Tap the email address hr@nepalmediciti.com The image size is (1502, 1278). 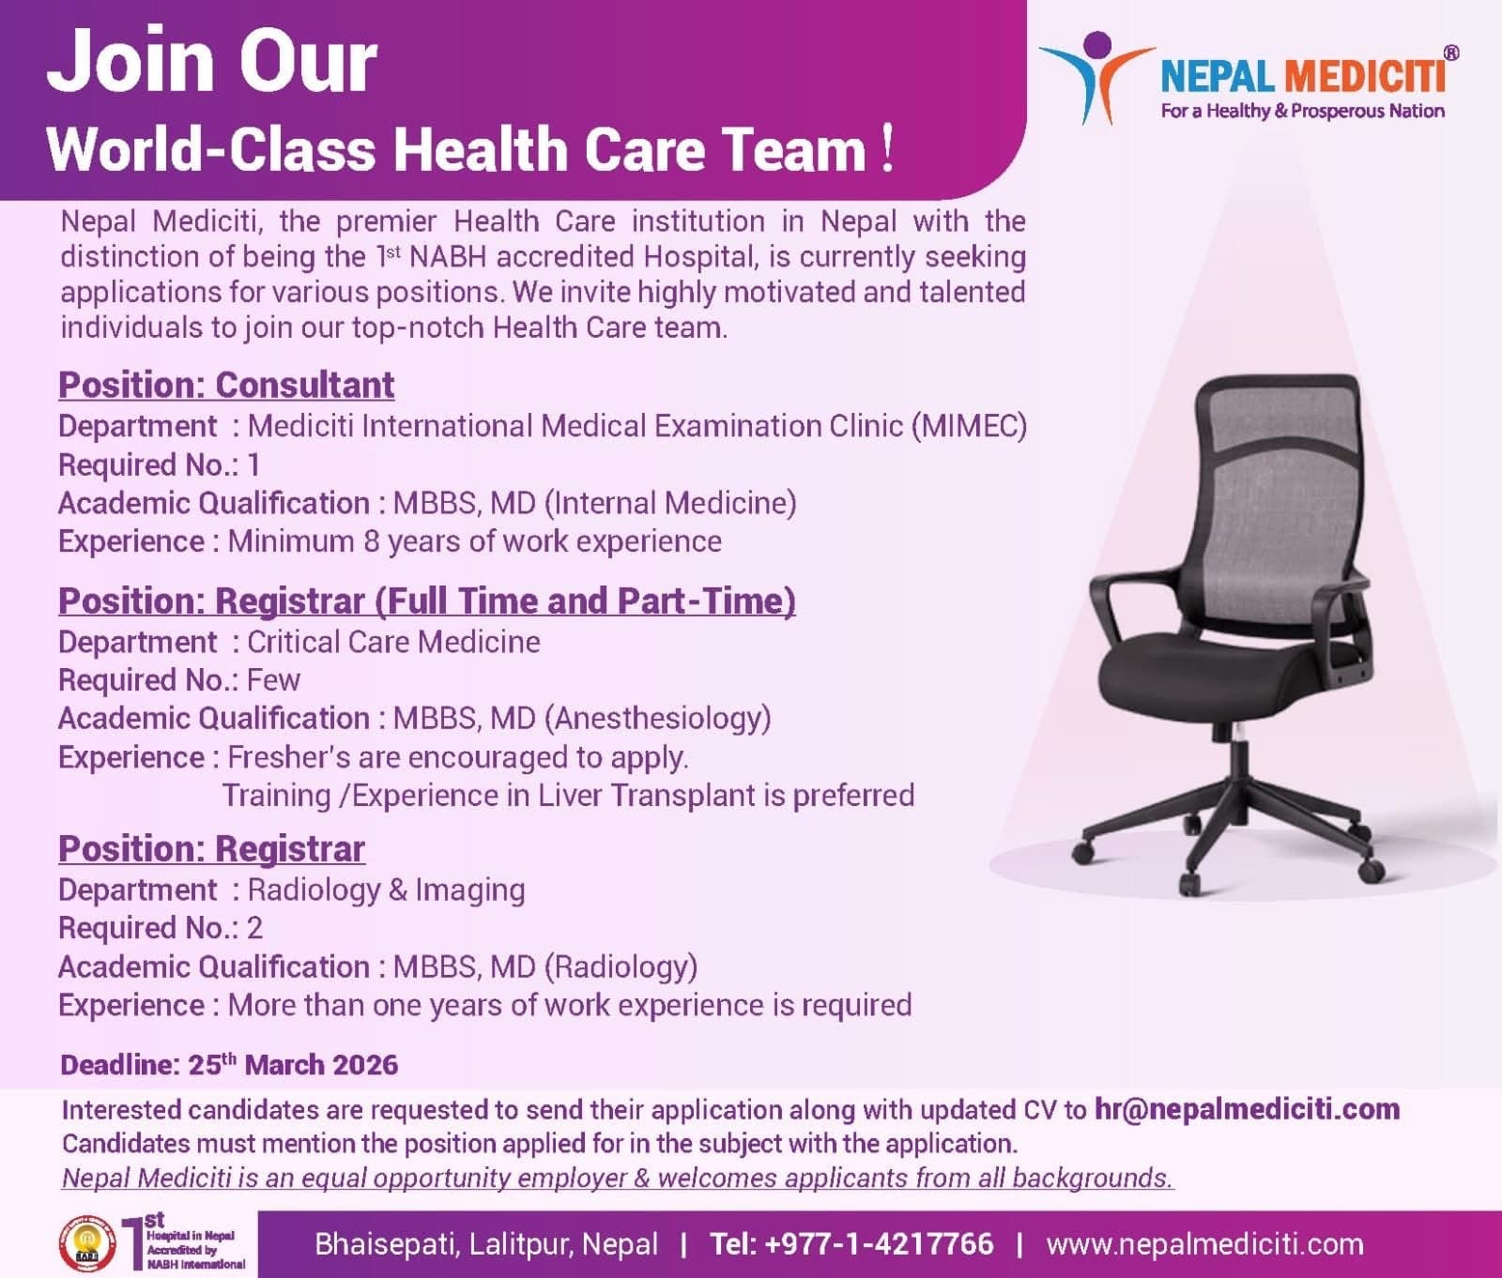tap(1247, 1109)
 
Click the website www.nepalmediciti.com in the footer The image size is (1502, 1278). tap(1204, 1244)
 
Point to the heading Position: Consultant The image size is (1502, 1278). tap(226, 385)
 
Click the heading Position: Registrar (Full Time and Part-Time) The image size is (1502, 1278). tap(426, 601)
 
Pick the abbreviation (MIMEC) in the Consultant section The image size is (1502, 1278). tap(969, 426)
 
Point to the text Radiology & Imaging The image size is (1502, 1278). tap(386, 890)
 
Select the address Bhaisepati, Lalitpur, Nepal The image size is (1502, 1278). tap(486, 1244)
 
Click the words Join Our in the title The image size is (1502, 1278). tap(212, 61)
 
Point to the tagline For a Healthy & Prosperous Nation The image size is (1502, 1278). tap(1302, 111)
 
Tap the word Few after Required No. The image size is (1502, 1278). tap(273, 680)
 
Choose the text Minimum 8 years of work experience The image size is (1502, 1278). tap(474, 541)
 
